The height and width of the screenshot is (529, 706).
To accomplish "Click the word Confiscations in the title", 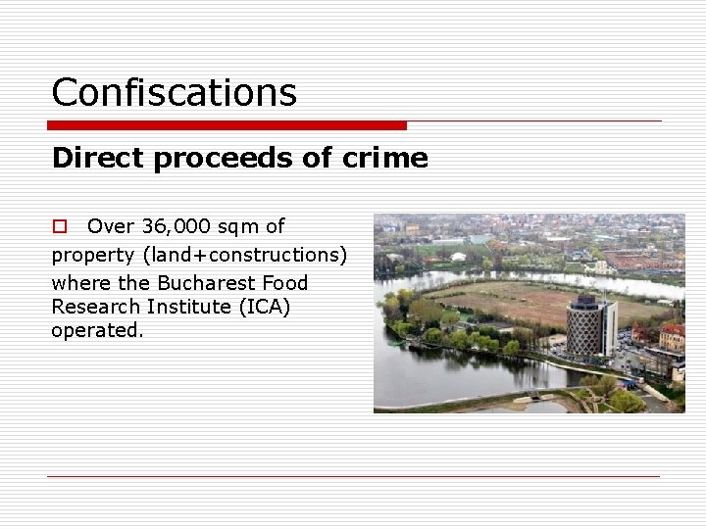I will click(x=174, y=93).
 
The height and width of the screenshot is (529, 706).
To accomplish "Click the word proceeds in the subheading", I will click(x=232, y=158).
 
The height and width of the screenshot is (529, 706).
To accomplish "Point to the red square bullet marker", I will click(x=59, y=226).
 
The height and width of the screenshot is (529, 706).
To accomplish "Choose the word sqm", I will click(x=237, y=226).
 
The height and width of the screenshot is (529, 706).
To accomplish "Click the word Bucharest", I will click(x=196, y=283).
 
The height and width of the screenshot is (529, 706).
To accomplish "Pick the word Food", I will click(x=285, y=283).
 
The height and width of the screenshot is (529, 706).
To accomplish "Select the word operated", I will click(x=97, y=330).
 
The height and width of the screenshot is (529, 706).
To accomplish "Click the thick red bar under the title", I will click(x=227, y=125).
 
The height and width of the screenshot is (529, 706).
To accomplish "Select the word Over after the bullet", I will click(x=111, y=226).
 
